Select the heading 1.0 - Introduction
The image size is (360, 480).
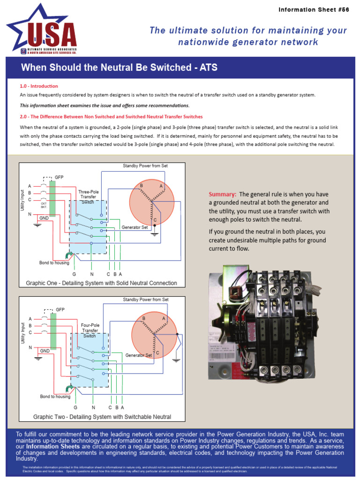point(39,86)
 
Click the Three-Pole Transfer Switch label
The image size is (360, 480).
point(89,197)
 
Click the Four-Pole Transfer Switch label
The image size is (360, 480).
point(90,330)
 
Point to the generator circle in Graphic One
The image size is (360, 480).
point(151,202)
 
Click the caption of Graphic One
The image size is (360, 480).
point(101,283)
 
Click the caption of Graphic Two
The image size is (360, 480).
point(102,417)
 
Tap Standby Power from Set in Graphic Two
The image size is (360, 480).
point(146,300)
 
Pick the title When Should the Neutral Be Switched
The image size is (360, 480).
point(119,67)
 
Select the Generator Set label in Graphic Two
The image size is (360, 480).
point(139,355)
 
